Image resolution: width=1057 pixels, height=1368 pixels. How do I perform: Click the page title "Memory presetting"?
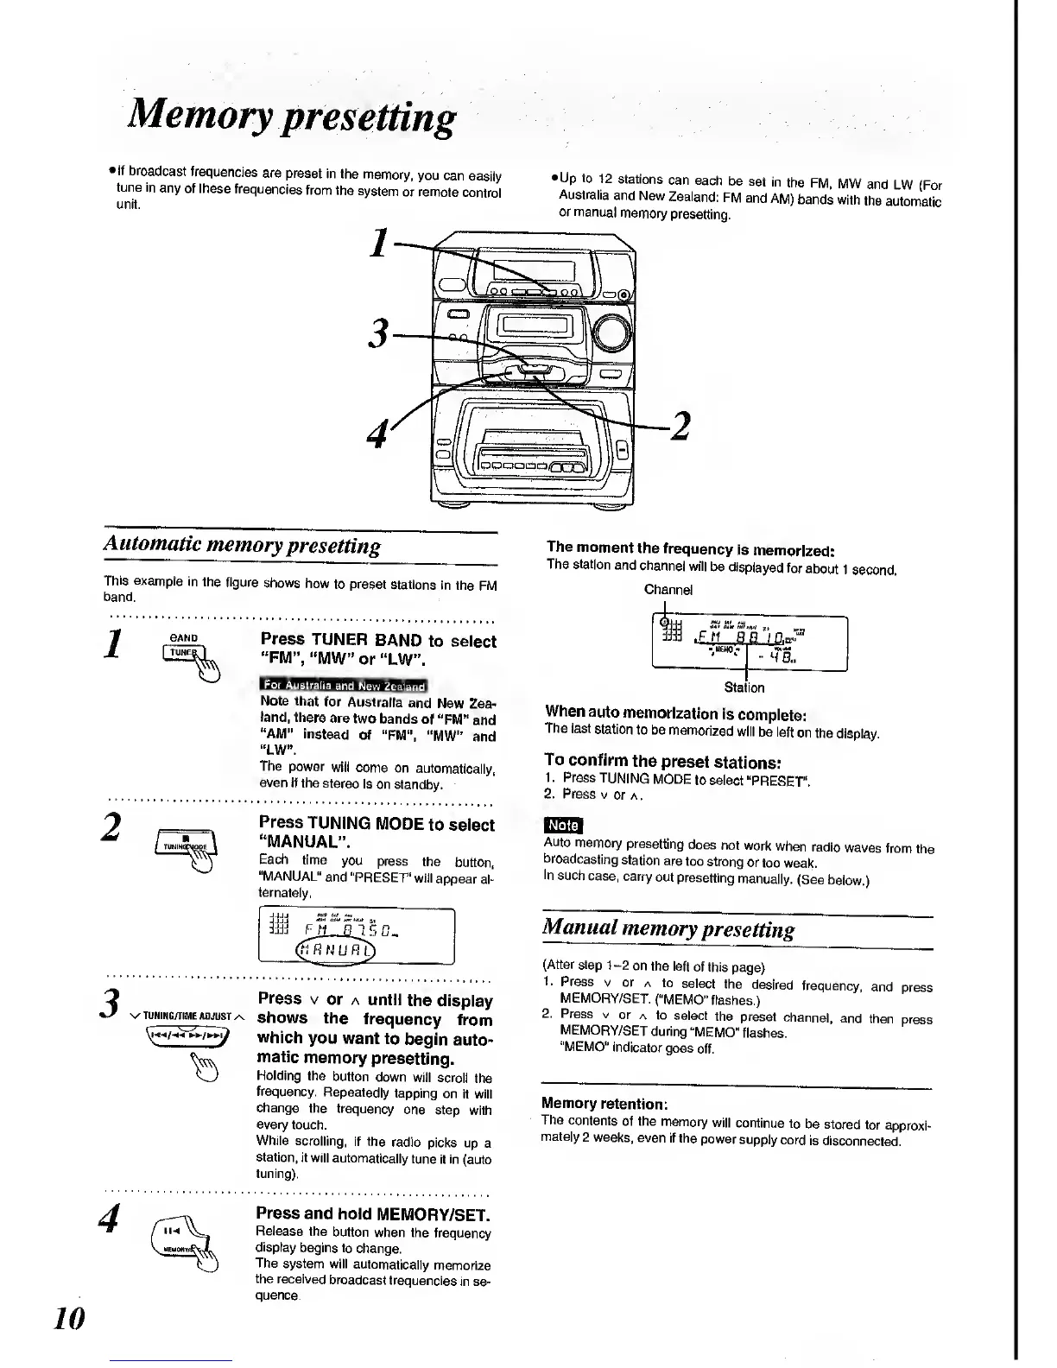coord(290,117)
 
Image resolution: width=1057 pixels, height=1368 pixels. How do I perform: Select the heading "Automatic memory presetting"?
coord(242,546)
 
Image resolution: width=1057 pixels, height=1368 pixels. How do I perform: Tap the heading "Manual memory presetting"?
coord(667,929)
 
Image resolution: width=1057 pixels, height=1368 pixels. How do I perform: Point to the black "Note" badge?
coord(563,826)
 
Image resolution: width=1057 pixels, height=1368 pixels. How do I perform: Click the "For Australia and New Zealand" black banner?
coord(344,686)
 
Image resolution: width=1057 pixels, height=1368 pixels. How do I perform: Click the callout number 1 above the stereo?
coord(377,244)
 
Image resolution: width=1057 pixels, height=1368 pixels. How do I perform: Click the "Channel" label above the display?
coord(668,590)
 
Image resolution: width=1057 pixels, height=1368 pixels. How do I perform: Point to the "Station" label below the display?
coord(744,687)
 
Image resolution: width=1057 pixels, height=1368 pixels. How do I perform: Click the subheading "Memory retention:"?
coord(604,1103)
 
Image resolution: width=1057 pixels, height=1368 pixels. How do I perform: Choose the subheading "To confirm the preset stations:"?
coord(662,762)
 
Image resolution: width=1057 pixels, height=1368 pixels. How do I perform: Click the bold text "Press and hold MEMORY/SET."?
coord(374,1214)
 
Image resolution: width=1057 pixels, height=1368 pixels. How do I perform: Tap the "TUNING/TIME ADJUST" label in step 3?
coord(187,1016)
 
